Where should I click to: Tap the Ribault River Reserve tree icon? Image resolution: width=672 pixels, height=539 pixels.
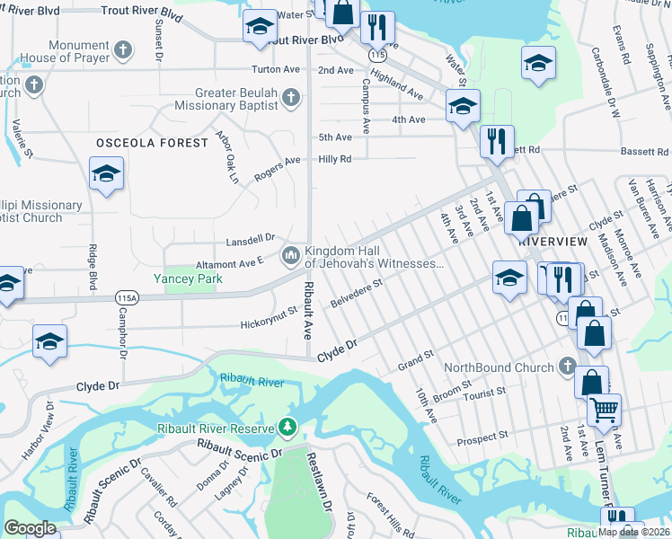(x=287, y=427)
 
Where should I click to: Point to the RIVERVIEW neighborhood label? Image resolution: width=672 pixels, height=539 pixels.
(x=553, y=243)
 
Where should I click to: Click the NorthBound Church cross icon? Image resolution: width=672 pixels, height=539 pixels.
(x=566, y=367)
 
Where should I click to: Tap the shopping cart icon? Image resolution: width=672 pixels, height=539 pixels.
(x=604, y=410)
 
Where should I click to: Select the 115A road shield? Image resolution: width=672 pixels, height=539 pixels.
(x=128, y=296)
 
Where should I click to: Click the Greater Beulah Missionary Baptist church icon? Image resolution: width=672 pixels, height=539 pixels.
(x=290, y=97)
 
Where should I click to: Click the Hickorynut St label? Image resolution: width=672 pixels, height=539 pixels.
(x=269, y=323)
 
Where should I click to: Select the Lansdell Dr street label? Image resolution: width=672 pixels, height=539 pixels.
(x=251, y=239)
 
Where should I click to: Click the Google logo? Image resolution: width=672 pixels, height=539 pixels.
(x=31, y=528)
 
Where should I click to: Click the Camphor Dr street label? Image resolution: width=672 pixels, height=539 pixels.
(x=124, y=335)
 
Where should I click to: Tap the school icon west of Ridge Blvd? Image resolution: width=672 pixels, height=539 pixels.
(x=106, y=174)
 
